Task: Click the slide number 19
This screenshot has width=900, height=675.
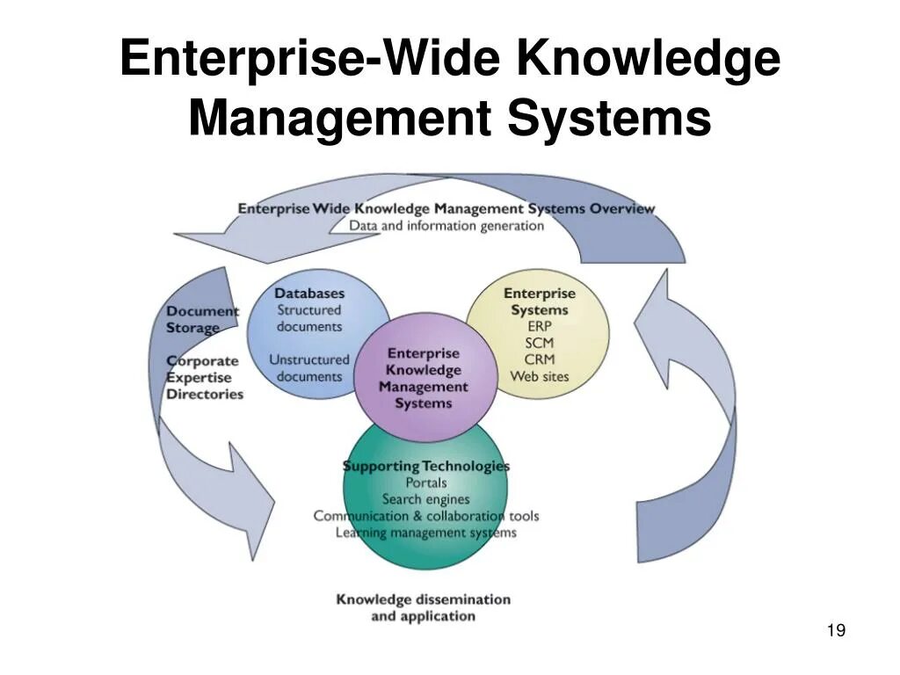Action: (x=836, y=630)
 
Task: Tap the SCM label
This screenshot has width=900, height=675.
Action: (x=540, y=343)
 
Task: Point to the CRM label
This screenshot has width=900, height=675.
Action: (x=540, y=359)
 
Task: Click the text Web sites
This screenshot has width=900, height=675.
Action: (x=540, y=376)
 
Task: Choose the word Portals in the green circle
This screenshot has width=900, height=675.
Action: (x=426, y=483)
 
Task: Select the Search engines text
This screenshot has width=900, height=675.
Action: (x=425, y=499)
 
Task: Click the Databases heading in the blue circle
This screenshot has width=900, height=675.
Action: (x=309, y=293)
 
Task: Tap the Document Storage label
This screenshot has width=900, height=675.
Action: (x=202, y=319)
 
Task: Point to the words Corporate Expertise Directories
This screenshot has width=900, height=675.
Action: (x=204, y=377)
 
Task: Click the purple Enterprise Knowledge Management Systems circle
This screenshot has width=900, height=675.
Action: (x=425, y=378)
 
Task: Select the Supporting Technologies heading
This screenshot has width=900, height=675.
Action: (x=426, y=466)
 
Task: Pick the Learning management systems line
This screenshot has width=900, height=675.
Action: (x=426, y=533)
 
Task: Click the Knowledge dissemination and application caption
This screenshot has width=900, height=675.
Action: (x=423, y=607)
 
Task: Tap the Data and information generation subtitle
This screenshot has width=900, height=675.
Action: (x=446, y=225)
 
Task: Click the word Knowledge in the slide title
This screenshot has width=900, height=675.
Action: (x=648, y=59)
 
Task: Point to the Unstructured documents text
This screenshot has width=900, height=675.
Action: (x=309, y=367)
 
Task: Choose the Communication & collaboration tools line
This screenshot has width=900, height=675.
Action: (x=426, y=516)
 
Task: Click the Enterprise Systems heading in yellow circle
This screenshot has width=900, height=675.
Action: (x=540, y=301)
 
